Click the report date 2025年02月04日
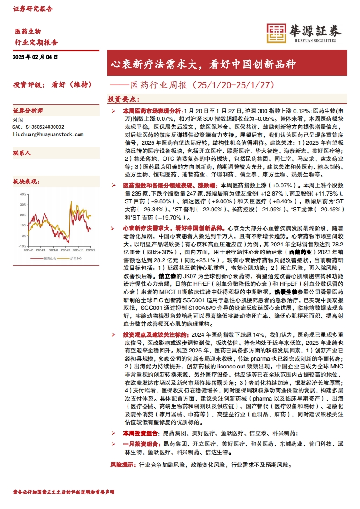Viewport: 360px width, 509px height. point(36,57)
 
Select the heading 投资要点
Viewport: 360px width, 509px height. point(123,99)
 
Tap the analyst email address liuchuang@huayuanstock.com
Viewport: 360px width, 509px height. point(48,134)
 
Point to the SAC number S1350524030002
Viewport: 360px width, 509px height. point(39,127)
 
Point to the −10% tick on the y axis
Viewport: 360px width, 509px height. point(21,246)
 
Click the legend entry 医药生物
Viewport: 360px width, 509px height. point(36,259)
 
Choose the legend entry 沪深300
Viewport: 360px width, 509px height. point(63,259)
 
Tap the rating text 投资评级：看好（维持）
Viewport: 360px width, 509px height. point(53,84)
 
